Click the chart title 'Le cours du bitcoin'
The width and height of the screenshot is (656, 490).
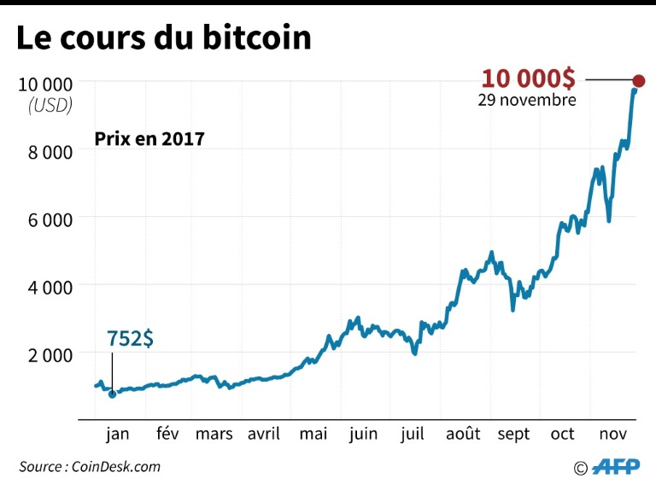tap(163, 39)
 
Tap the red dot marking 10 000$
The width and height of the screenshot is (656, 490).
tap(638, 81)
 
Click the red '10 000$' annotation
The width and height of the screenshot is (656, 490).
tap(529, 79)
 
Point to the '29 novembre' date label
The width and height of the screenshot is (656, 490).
tap(527, 100)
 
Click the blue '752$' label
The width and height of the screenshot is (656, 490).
tap(131, 339)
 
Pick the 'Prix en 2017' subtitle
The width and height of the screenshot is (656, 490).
tap(149, 138)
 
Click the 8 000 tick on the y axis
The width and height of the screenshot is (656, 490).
tap(45, 151)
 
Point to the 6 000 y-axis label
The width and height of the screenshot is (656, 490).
tap(45, 219)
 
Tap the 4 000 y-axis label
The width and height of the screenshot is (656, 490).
tap(45, 286)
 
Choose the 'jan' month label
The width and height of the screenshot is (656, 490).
tap(118, 435)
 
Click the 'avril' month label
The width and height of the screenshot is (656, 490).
tap(263, 435)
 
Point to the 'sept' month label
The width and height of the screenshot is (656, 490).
tap(513, 435)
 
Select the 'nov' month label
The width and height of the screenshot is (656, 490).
tap(612, 435)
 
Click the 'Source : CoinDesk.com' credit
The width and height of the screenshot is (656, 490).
tap(90, 466)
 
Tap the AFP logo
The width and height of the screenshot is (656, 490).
tap(615, 466)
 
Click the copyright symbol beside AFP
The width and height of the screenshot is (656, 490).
tap(581, 467)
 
